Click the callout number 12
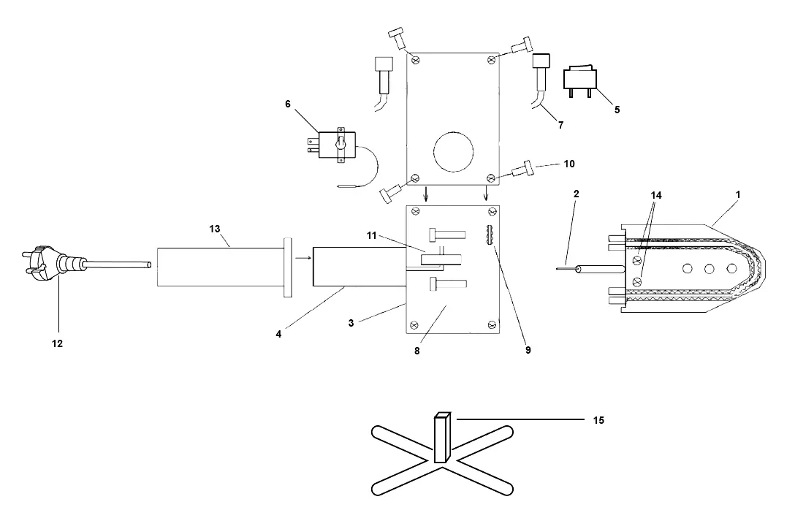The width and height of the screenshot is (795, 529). [x=57, y=343]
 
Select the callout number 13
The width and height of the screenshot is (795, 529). [x=215, y=229]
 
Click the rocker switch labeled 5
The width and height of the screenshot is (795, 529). [x=580, y=80]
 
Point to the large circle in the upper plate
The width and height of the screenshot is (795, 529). [x=454, y=151]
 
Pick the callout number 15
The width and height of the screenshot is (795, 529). [x=598, y=420]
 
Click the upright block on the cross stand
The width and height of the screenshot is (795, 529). [x=442, y=437]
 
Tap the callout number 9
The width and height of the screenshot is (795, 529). [x=528, y=350]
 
